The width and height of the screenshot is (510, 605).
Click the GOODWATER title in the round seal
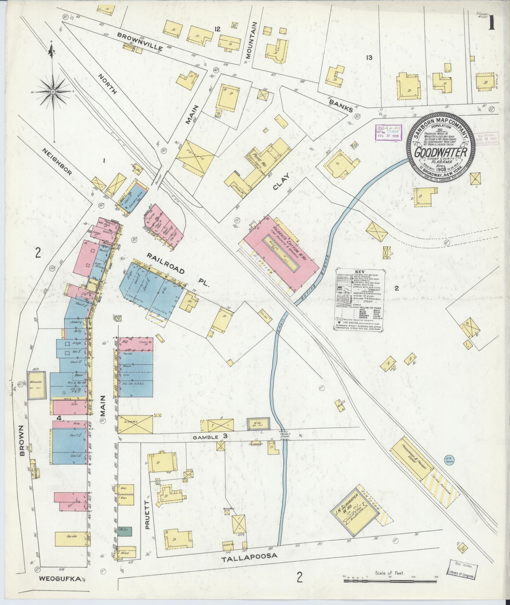coord(441,152)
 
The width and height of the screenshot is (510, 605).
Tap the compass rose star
coord(52,92)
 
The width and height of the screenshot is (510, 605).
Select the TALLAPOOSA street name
coord(249,556)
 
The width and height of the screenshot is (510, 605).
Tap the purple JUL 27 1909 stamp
coord(388,132)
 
